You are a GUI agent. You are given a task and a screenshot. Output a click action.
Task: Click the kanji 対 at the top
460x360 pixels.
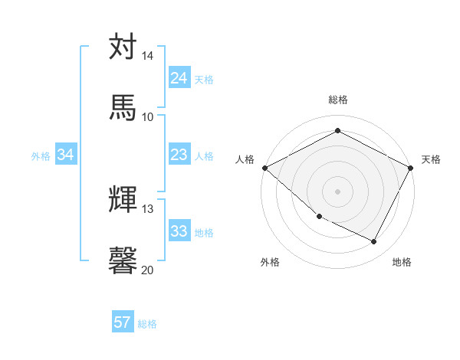tap(123, 47)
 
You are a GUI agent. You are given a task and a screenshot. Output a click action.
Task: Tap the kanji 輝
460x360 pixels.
tap(123, 200)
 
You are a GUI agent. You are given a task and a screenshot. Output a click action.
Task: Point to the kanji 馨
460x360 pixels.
tap(123, 260)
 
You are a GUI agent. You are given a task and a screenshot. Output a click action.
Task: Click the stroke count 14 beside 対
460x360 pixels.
tap(148, 57)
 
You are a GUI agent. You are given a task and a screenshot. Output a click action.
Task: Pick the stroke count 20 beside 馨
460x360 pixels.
tap(148, 270)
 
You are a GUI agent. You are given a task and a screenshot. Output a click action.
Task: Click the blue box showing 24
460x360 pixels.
tap(179, 78)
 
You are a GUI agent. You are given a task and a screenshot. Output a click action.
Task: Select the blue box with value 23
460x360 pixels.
tap(179, 155)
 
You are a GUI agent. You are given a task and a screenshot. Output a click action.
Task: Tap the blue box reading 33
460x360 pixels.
tap(179, 231)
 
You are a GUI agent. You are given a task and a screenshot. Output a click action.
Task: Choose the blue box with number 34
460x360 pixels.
tap(66, 155)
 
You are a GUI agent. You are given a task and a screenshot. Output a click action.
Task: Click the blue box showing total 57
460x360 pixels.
tap(123, 322)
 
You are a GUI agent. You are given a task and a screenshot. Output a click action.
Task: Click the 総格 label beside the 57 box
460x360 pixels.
tap(147, 324)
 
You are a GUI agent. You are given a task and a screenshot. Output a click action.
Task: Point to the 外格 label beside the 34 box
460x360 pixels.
tap(41, 156)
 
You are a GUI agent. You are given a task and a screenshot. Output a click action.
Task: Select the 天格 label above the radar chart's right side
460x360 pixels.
tap(431, 159)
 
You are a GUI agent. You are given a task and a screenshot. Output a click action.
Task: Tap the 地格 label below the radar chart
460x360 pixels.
tap(402, 263)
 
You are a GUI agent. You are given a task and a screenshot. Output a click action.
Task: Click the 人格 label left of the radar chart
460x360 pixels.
tap(245, 159)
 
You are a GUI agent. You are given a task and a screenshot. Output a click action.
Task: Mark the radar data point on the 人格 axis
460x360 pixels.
tap(264, 168)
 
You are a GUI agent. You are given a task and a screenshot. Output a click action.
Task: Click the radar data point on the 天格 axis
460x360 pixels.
tap(411, 168)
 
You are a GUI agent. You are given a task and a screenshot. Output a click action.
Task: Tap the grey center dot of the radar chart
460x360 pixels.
tap(337, 191)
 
